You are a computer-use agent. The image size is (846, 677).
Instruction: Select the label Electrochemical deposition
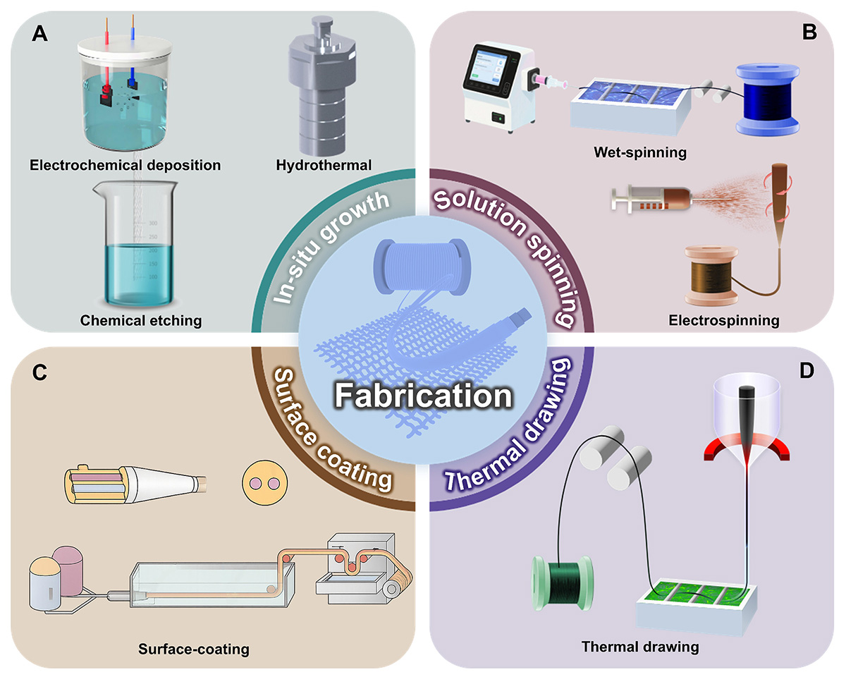pos(125,166)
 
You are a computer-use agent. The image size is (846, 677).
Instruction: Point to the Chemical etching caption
pos(141,321)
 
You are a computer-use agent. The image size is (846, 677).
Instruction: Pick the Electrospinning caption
pos(724,321)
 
